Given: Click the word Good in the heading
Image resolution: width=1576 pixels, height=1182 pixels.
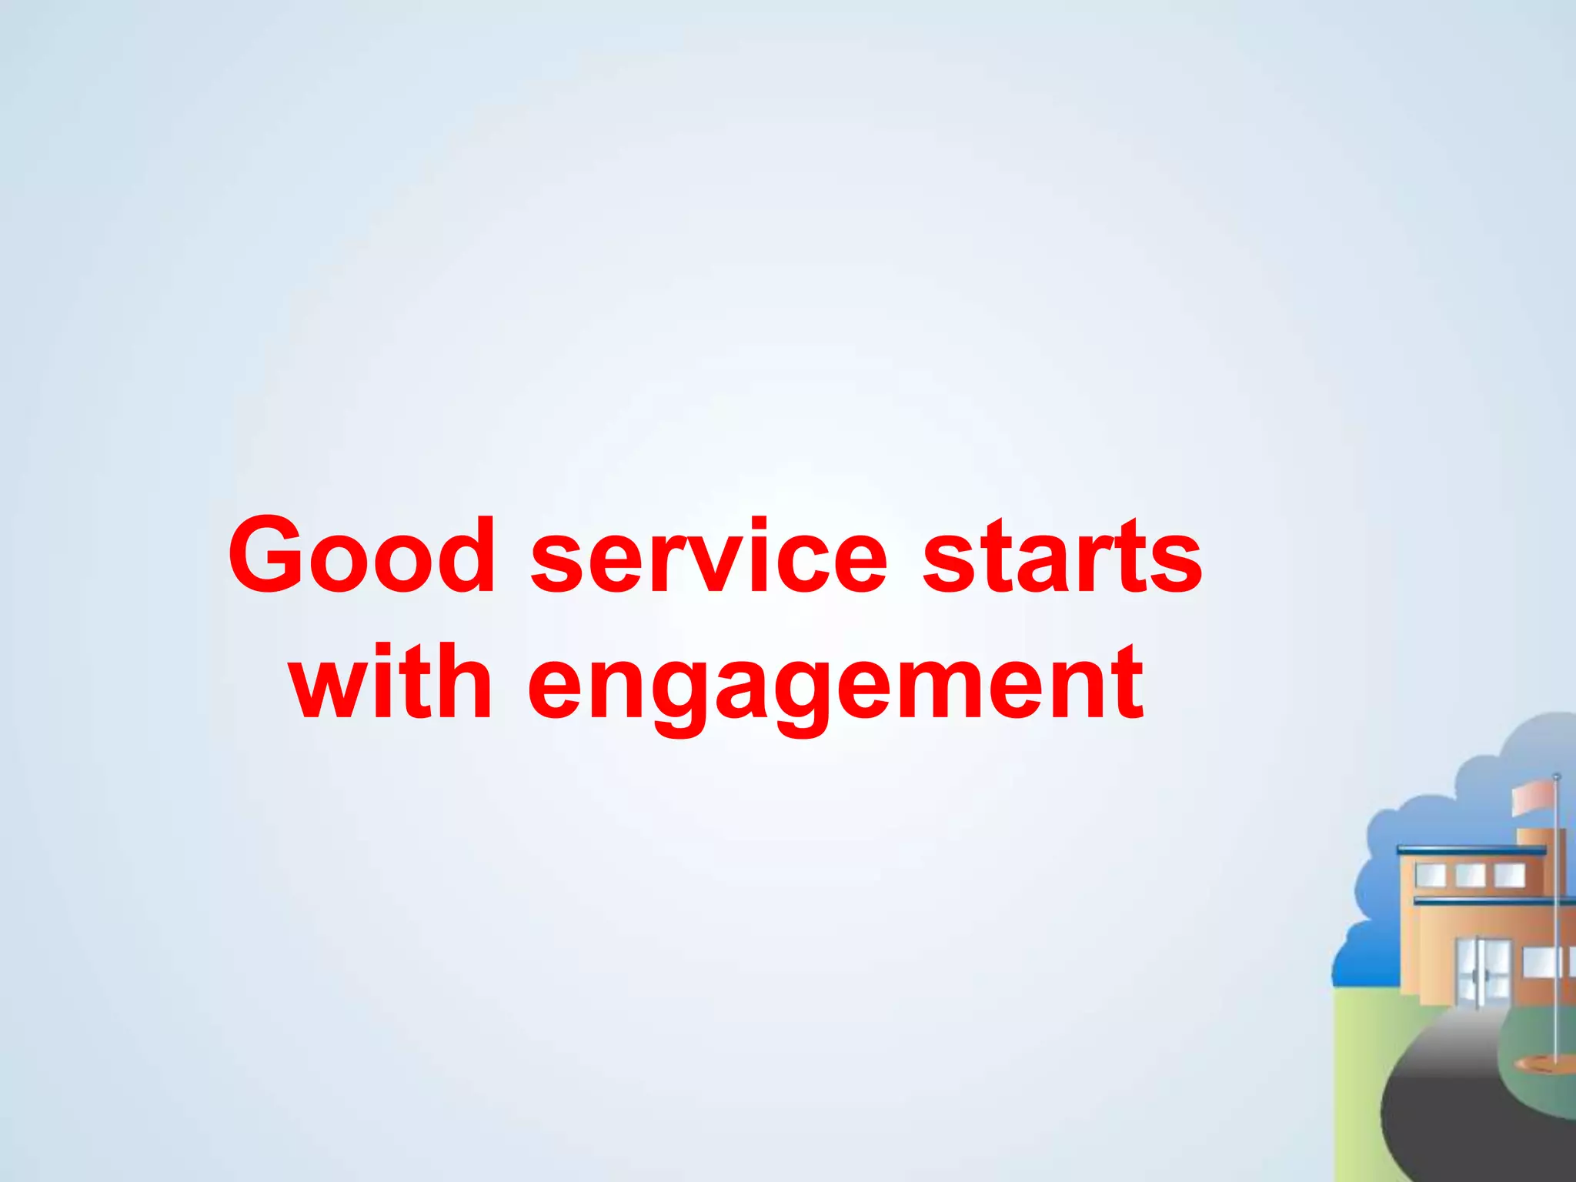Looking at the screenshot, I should [x=362, y=556].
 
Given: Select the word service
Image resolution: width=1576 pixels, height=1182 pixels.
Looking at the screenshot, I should [x=709, y=556].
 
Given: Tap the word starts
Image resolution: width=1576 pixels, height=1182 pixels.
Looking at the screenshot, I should [x=1062, y=556].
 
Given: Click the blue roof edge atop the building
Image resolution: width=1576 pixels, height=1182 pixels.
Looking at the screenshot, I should [x=1470, y=850].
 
